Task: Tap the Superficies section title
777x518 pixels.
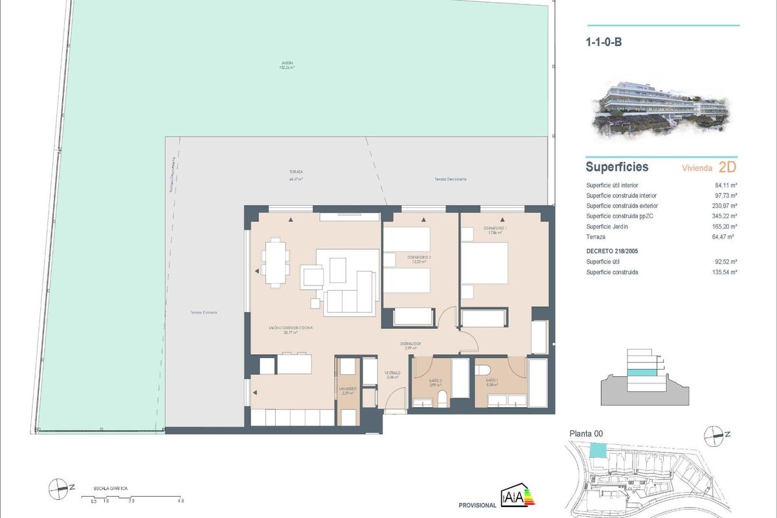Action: click(616, 167)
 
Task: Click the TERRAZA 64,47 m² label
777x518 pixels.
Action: click(296, 175)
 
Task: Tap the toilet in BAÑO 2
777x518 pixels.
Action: click(442, 398)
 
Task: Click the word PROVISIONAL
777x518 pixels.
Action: click(477, 505)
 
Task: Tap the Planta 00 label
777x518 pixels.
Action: click(586, 434)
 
